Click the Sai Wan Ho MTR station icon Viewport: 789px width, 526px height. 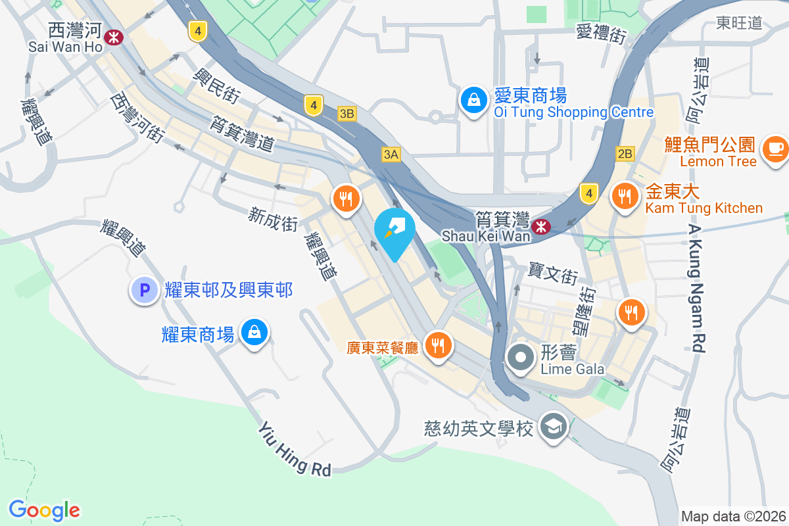114,37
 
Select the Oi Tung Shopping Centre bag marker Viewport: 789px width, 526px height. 473,101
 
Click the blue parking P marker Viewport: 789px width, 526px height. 143,289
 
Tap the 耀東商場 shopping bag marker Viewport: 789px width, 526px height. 253,333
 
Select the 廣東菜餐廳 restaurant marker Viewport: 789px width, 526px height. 437,344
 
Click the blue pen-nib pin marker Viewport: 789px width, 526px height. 394,230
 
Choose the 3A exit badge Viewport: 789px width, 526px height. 391,154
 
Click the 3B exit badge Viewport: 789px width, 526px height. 347,114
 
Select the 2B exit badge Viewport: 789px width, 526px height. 625,154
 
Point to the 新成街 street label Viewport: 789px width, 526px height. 273,218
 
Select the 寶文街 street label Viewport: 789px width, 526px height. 553,273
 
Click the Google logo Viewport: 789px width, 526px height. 44,510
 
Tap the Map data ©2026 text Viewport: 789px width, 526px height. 733,517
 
